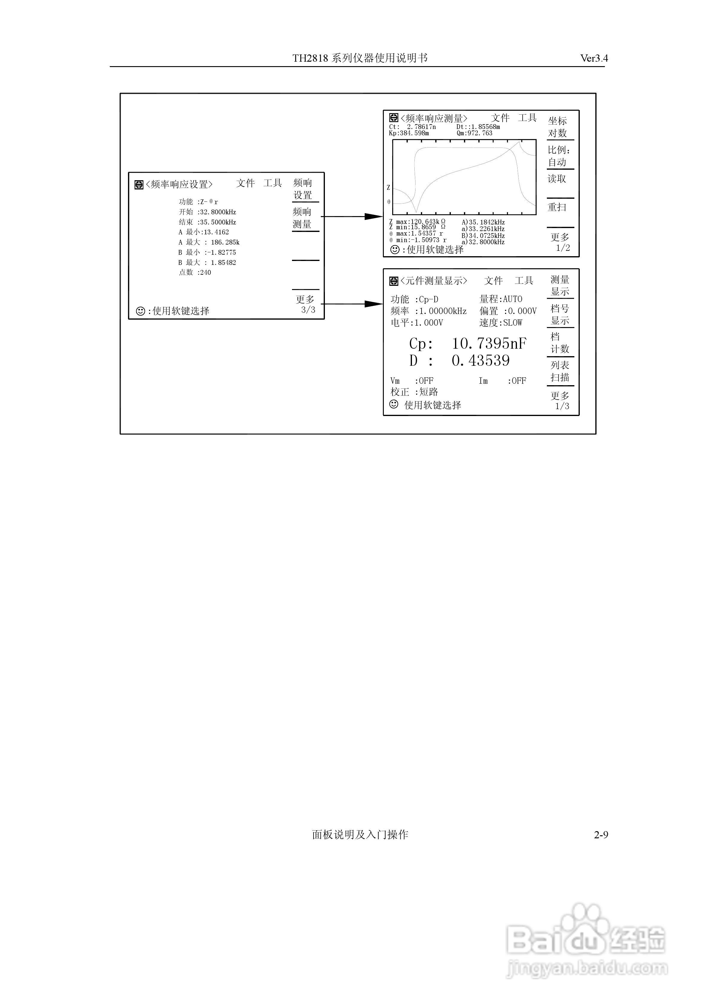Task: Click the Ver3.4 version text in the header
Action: click(594, 58)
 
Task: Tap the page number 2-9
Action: click(601, 835)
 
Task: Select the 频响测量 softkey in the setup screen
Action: click(302, 218)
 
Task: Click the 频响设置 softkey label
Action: click(302, 189)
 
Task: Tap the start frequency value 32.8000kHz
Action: click(218, 212)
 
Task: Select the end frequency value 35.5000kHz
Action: click(218, 222)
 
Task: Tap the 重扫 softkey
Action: click(557, 207)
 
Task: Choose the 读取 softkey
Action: click(557, 179)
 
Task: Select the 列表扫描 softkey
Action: click(560, 371)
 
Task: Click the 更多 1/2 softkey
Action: click(560, 242)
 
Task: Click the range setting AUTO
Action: click(513, 299)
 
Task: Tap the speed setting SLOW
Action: click(513, 323)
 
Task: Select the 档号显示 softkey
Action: click(560, 314)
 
